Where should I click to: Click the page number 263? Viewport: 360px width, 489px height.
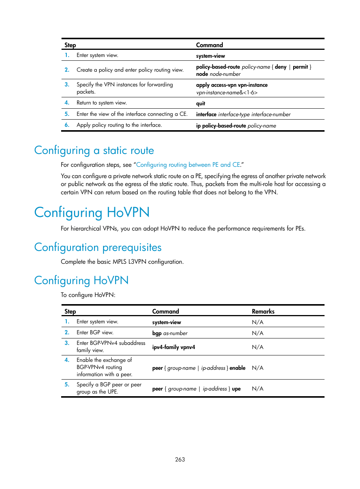tap(180, 459)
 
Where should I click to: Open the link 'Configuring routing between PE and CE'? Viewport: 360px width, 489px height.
tap(188, 165)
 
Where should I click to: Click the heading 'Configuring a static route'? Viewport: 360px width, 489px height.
tap(94, 151)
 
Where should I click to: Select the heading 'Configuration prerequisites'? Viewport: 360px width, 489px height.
tap(98, 248)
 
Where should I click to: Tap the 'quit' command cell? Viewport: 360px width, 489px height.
tap(200, 103)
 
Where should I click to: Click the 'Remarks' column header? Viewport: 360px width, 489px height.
tap(263, 311)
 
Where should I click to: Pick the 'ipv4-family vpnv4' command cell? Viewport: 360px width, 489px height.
tap(174, 347)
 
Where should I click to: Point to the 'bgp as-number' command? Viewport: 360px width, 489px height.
tap(170, 333)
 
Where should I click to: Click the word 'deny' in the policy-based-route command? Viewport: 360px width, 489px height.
tap(280, 67)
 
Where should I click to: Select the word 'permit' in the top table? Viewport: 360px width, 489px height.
tap(300, 67)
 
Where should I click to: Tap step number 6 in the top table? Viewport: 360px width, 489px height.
tap(67, 125)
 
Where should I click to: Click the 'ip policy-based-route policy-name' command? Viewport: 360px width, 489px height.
tap(236, 126)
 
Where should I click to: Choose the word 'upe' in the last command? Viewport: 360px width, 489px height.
tap(236, 389)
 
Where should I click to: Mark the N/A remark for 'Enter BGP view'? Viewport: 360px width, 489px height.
tap(258, 333)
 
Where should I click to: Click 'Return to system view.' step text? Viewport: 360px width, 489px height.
tap(102, 103)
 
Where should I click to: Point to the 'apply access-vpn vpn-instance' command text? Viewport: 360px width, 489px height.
tap(232, 85)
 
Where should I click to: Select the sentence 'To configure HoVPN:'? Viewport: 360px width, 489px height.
tap(88, 295)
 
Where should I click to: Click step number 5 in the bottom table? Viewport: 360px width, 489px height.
tap(67, 384)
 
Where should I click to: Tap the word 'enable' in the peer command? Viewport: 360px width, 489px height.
tap(237, 368)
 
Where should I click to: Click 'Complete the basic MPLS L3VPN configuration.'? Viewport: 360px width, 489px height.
tap(122, 262)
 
